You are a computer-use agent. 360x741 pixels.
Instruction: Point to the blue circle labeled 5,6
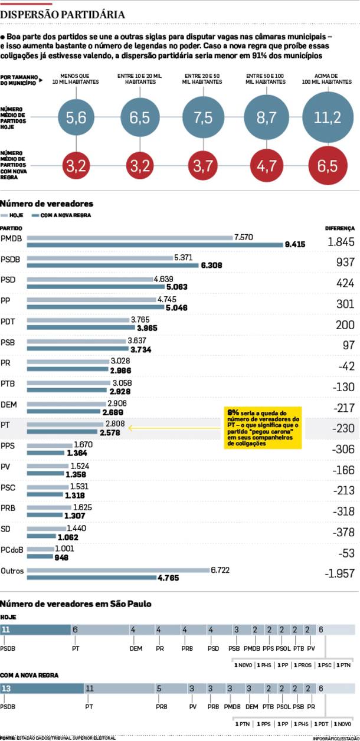click(x=76, y=117)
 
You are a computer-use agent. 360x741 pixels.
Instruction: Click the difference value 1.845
click(x=341, y=241)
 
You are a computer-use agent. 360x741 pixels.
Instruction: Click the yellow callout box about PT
click(x=263, y=427)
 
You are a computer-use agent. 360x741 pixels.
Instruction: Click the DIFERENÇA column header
click(x=340, y=228)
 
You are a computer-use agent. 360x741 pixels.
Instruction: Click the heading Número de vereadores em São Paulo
click(x=76, y=604)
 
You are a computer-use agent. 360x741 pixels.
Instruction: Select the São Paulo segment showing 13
click(x=42, y=688)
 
